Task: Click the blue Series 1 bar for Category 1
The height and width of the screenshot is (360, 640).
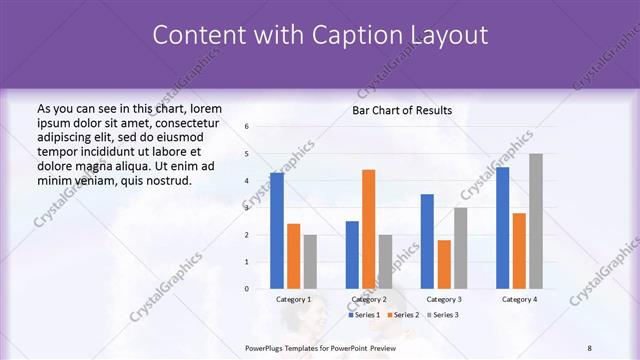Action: pyautogui.click(x=277, y=231)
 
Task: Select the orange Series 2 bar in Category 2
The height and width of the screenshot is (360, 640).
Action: pyautogui.click(x=369, y=229)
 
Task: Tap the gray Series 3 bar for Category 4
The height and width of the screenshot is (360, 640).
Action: pyautogui.click(x=536, y=221)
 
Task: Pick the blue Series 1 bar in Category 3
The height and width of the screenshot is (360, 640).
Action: pyautogui.click(x=427, y=241)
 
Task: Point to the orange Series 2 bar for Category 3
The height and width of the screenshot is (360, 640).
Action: pyautogui.click(x=444, y=264)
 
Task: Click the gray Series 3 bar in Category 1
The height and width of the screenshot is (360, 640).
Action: pyautogui.click(x=310, y=262)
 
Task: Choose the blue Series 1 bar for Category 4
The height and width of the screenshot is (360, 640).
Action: pyautogui.click(x=502, y=228)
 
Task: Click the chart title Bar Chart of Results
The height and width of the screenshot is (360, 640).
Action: pyautogui.click(x=402, y=110)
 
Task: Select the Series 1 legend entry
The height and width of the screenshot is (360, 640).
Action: pyautogui.click(x=365, y=315)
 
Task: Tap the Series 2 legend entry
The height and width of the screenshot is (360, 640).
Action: pyautogui.click(x=402, y=315)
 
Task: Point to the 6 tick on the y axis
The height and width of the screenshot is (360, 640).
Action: pyautogui.click(x=247, y=127)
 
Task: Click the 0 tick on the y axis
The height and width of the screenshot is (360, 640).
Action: pyautogui.click(x=247, y=289)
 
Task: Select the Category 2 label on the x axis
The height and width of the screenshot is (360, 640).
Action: pyautogui.click(x=369, y=299)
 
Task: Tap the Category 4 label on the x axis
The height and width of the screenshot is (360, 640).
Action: pyautogui.click(x=519, y=299)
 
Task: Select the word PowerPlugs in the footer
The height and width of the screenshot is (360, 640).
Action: pyautogui.click(x=265, y=347)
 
